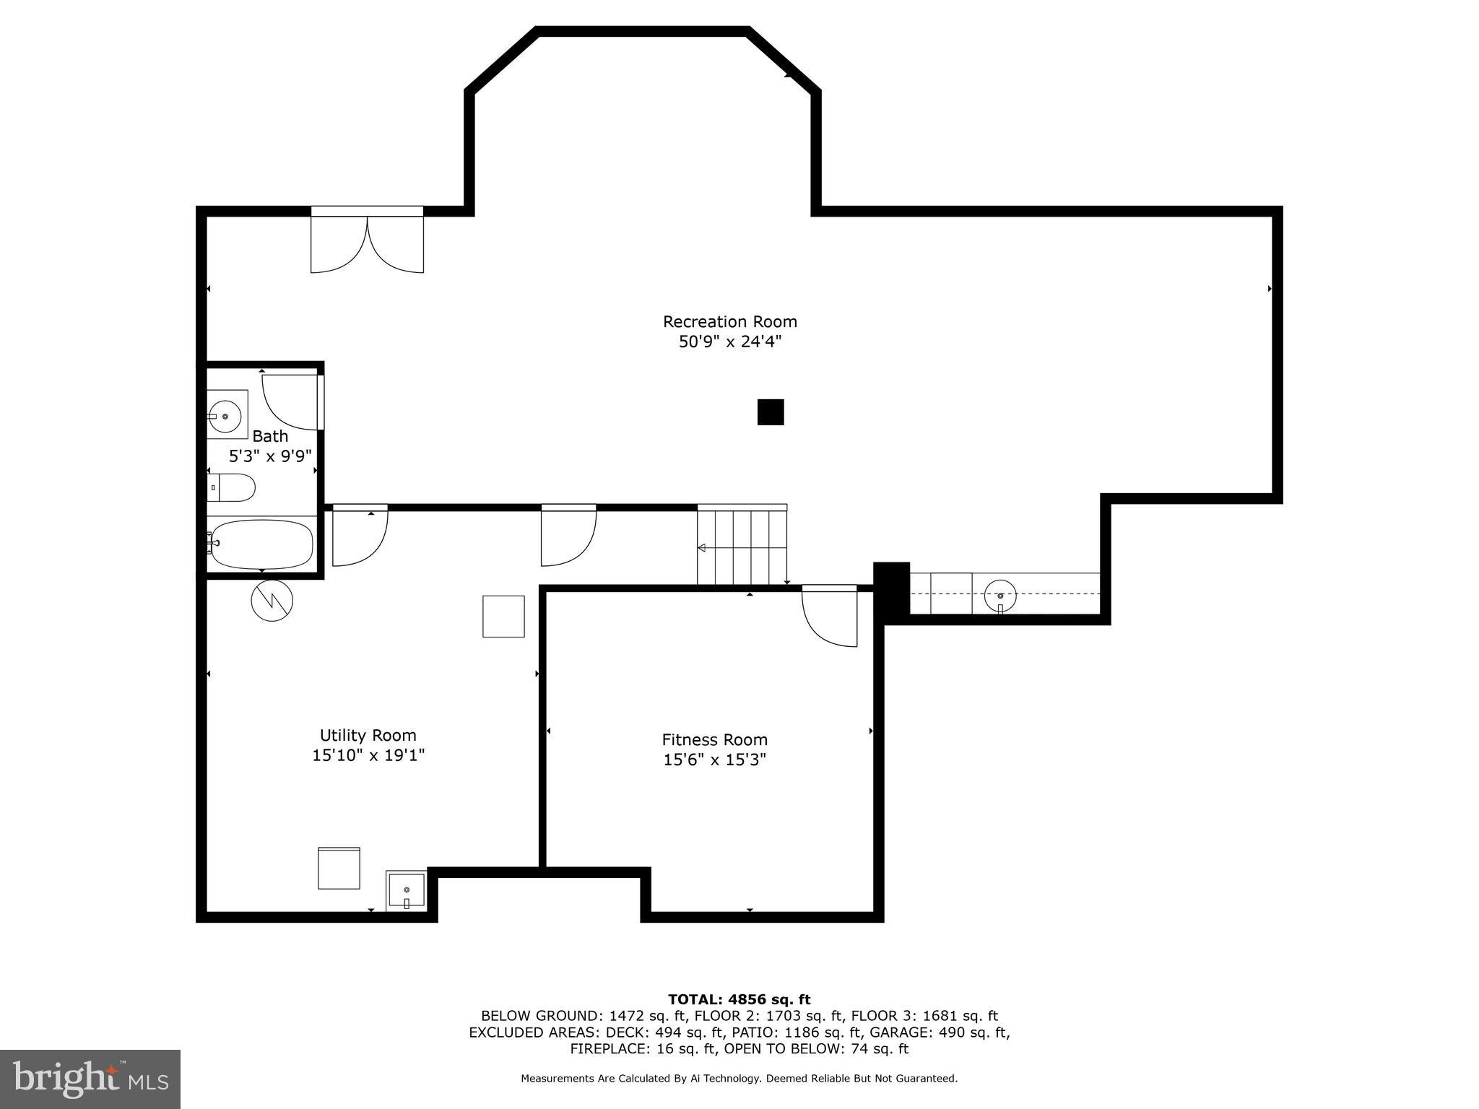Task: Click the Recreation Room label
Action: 729,322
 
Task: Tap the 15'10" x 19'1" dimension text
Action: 368,755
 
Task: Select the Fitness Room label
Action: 714,740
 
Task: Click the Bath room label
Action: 270,436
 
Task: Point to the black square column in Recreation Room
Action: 770,412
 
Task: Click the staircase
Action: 742,546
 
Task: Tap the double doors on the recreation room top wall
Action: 367,242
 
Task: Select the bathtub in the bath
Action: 261,544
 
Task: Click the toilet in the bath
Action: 232,487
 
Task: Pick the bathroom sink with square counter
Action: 227,415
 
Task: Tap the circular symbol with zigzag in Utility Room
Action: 272,600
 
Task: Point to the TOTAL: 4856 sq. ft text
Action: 739,999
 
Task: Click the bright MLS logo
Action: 90,1079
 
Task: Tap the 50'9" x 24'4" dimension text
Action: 729,342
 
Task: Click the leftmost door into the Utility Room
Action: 359,536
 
